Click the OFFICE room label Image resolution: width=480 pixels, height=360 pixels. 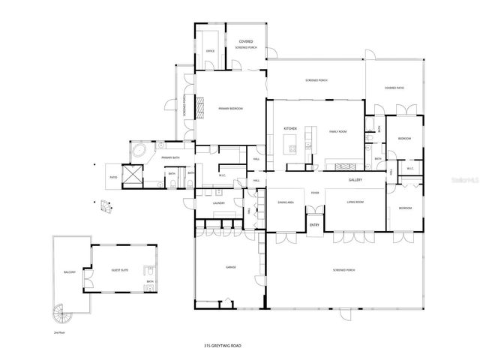tap(211, 51)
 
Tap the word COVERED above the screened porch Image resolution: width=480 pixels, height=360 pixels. tap(245, 41)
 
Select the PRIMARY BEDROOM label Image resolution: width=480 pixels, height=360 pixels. tap(230, 109)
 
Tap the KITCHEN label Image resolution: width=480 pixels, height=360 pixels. tap(290, 129)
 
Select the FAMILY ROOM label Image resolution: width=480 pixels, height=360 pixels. tap(337, 131)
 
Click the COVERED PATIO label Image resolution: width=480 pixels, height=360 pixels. tap(394, 88)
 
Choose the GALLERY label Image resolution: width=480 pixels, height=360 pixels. tap(355, 181)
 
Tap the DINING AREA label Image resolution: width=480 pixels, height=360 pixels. tap(285, 202)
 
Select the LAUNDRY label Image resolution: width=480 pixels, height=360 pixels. tap(219, 202)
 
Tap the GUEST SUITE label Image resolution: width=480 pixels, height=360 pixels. tap(121, 269)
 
